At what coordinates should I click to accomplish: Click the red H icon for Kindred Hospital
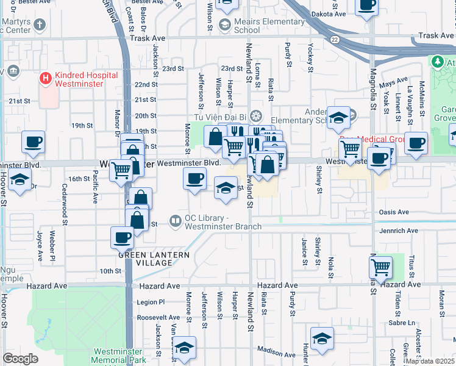[45, 79]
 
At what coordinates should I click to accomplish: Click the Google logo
[20, 358]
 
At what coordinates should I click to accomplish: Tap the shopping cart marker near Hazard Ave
[380, 266]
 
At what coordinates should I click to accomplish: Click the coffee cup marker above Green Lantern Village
[122, 237]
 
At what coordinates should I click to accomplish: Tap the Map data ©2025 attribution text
[430, 361]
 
